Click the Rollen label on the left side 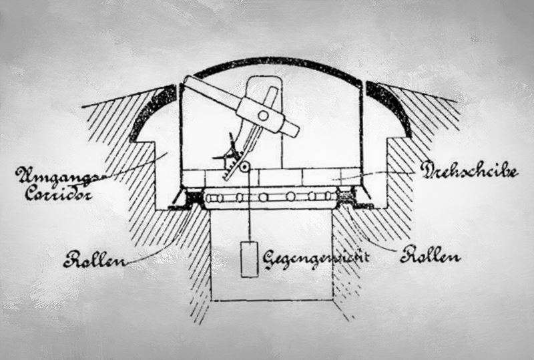pyautogui.click(x=95, y=258)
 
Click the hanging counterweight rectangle pyautogui.click(x=250, y=259)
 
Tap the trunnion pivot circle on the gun pyautogui.click(x=264, y=116)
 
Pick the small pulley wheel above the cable pyautogui.click(x=245, y=166)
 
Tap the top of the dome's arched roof pyautogui.click(x=270, y=59)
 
